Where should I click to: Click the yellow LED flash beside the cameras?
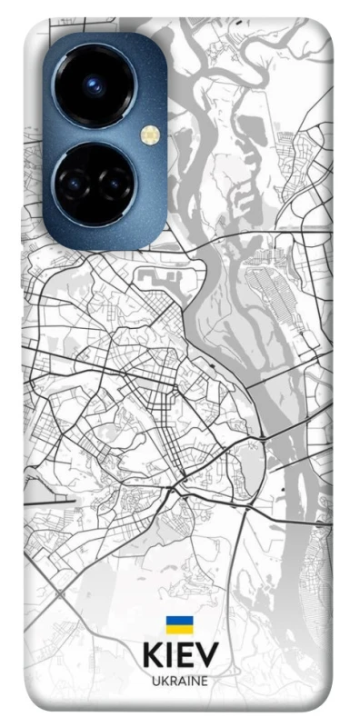pyautogui.click(x=150, y=135)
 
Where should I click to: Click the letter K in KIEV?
pyautogui.click(x=151, y=656)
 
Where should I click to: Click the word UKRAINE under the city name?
pyautogui.click(x=179, y=681)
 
